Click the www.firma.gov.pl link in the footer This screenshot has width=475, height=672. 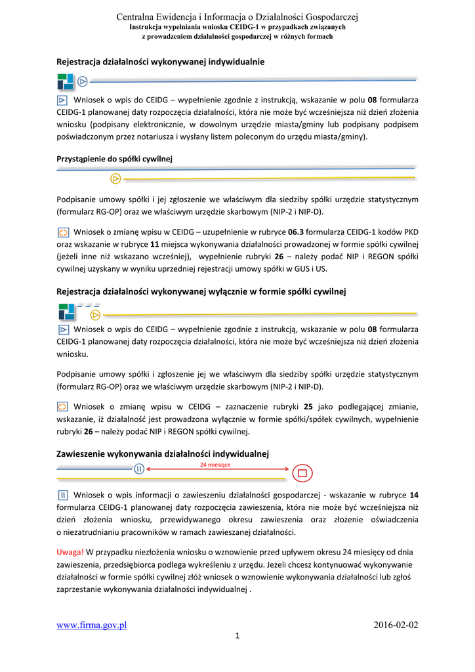[x=91, y=625]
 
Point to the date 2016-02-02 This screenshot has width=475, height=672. [x=396, y=625]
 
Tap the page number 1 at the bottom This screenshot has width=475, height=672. [x=237, y=636]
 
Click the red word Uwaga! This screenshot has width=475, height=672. [x=70, y=551]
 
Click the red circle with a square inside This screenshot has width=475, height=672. [x=302, y=472]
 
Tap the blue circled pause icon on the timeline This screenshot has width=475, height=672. [x=139, y=469]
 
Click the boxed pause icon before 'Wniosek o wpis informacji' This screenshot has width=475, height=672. [x=63, y=495]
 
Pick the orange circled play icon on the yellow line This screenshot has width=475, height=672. [x=115, y=178]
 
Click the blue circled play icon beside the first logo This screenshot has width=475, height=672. [x=83, y=81]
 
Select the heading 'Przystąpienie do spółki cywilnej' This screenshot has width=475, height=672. [x=114, y=159]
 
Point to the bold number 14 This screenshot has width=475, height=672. [x=413, y=495]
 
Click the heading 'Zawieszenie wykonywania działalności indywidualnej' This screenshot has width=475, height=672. [x=163, y=453]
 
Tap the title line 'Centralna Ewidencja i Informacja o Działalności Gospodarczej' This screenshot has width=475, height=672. [x=237, y=16]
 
